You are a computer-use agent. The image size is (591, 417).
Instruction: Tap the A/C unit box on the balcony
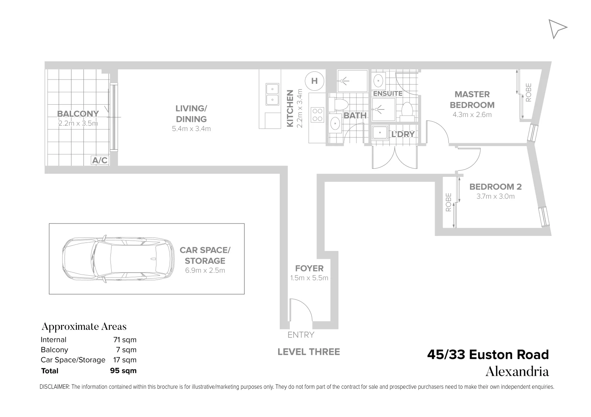click(100, 160)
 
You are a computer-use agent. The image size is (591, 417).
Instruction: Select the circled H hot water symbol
click(314, 81)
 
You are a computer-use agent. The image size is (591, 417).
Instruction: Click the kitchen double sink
click(273, 94)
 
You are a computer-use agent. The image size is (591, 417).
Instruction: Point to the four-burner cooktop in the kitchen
click(318, 115)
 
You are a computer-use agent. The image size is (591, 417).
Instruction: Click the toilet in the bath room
click(340, 105)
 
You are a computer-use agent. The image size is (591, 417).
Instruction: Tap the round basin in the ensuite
click(379, 81)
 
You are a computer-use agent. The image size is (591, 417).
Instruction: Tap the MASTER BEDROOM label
click(472, 100)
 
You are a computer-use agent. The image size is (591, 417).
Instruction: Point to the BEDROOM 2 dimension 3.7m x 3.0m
click(495, 196)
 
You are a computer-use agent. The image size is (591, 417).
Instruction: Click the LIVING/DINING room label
click(191, 114)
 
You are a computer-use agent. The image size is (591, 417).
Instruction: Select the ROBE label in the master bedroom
click(529, 93)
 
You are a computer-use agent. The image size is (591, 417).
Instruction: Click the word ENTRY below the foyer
click(301, 335)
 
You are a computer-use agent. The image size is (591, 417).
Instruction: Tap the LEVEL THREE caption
click(309, 352)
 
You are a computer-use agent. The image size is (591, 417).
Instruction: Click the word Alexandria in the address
click(517, 371)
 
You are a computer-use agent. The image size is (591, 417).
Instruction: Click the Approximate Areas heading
click(84, 327)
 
